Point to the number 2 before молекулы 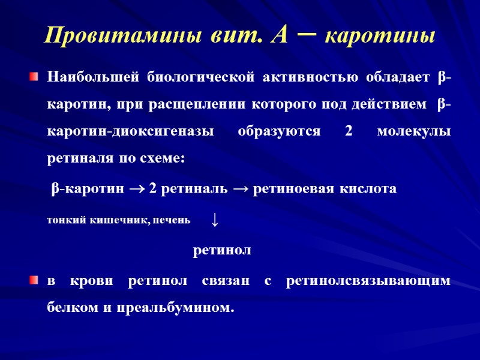349,133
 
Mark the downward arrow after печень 214,221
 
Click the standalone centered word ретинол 221,250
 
